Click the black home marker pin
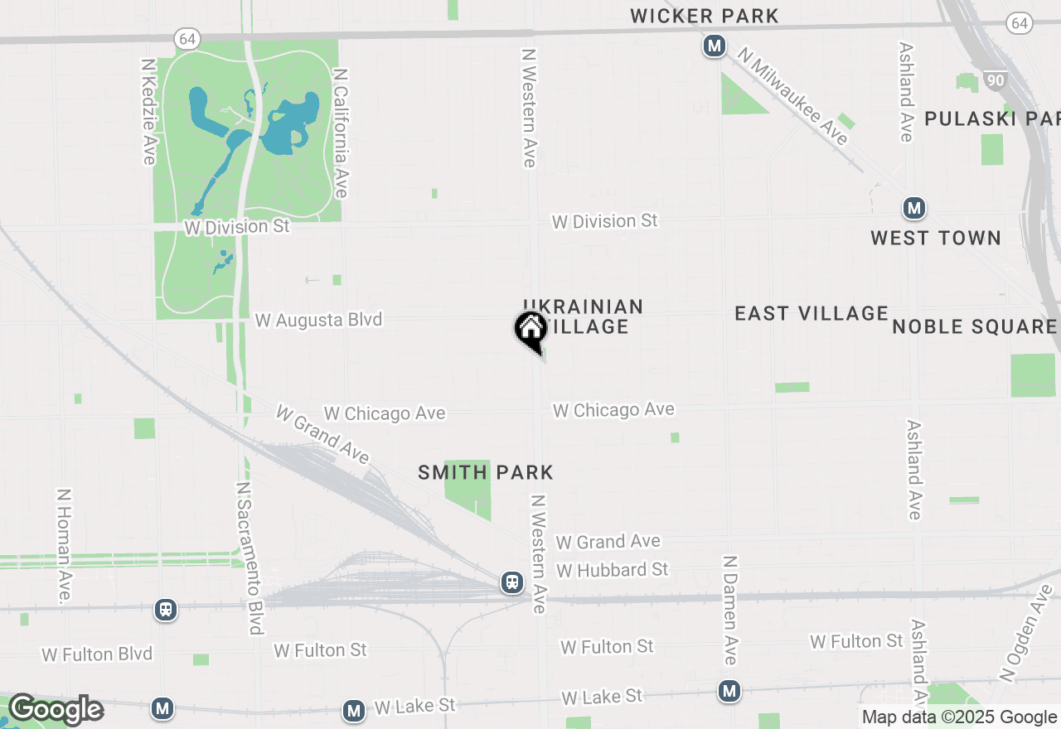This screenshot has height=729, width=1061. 530,330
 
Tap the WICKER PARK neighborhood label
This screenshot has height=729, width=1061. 705,16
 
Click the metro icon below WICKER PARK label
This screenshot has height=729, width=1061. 715,46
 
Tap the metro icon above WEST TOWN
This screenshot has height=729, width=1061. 914,207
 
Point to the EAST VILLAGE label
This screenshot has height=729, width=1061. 811,313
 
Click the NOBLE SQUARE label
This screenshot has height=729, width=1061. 974,326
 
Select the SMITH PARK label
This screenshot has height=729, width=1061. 486,472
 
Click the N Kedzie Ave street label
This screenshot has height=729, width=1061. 149,111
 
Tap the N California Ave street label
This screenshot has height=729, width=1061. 340,133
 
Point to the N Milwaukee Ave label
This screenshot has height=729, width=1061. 794,97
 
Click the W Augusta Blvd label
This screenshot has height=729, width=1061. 319,320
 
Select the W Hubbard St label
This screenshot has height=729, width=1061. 613,570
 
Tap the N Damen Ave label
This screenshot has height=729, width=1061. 729,610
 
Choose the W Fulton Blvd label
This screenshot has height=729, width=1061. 97,654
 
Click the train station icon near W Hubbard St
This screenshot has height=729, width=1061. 513,582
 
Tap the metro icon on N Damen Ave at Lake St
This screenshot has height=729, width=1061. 729,690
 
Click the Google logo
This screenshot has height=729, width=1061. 56,710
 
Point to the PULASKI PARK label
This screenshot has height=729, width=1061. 991,118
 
